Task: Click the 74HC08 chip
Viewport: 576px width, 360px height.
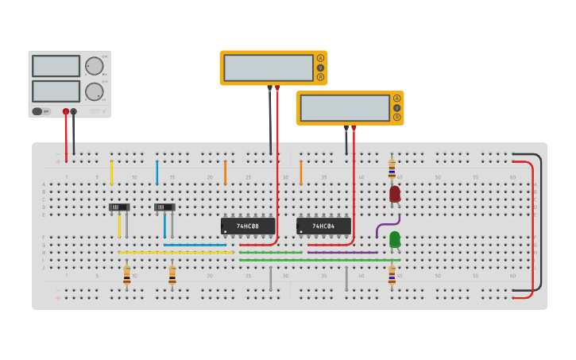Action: tap(248, 226)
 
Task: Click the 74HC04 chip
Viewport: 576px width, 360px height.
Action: tap(323, 226)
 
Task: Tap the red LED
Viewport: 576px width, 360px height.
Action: tap(395, 194)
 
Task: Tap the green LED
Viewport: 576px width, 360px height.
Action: tap(395, 239)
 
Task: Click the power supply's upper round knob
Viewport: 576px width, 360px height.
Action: tap(94, 66)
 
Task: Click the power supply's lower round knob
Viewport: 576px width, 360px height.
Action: tap(94, 91)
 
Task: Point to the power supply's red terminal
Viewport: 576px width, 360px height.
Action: tap(66, 112)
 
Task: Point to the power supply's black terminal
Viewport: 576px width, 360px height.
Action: tap(74, 112)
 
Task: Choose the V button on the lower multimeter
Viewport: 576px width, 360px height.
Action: tap(396, 107)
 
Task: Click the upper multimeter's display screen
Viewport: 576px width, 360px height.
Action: tap(269, 68)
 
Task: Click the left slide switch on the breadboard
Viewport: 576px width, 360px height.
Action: tap(119, 207)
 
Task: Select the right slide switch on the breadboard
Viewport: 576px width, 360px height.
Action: tap(164, 207)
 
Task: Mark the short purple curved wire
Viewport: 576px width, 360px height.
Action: tap(386, 226)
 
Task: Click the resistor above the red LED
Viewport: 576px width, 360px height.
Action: tap(392, 169)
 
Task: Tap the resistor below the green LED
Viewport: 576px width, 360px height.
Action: tap(392, 275)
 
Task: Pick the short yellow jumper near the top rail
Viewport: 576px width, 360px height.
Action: tap(111, 172)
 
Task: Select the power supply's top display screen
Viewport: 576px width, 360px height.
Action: tap(56, 66)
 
